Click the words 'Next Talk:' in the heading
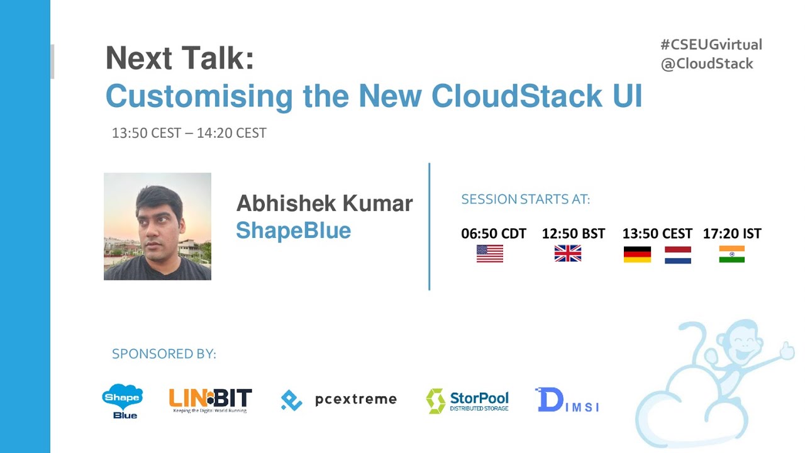(x=180, y=59)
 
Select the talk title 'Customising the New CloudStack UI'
(x=374, y=96)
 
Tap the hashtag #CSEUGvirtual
(x=711, y=45)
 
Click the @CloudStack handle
(x=706, y=64)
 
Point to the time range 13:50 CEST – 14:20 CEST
(x=189, y=133)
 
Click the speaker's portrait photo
(x=157, y=226)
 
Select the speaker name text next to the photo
(x=324, y=204)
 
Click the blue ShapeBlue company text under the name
(x=293, y=231)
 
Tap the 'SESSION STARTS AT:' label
(x=525, y=200)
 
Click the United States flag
(x=490, y=254)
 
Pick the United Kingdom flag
(x=567, y=254)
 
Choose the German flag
(x=637, y=254)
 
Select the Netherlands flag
(x=677, y=255)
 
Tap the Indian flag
(x=731, y=254)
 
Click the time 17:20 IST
(x=731, y=234)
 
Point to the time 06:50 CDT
(x=493, y=234)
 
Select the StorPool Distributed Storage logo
(x=467, y=401)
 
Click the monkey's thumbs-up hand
(x=786, y=350)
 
